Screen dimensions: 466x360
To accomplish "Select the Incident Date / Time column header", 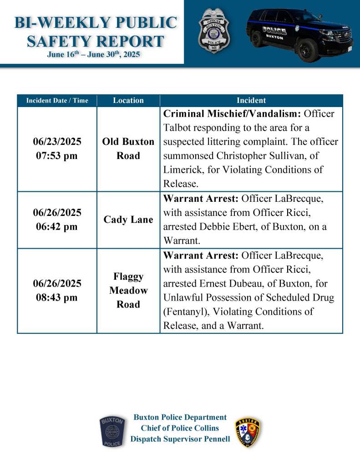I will pyautogui.click(x=57, y=100).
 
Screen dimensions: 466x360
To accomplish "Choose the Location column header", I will pyautogui.click(x=128, y=100).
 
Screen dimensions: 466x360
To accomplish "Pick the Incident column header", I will pyautogui.click(x=251, y=100).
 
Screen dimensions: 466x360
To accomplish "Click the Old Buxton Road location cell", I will pyautogui.click(x=128, y=149).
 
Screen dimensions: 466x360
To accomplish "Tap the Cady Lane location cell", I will pyautogui.click(x=128, y=220).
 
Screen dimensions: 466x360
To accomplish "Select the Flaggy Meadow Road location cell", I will pyautogui.click(x=128, y=290).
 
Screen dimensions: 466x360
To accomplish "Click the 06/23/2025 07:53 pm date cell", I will pyautogui.click(x=57, y=149).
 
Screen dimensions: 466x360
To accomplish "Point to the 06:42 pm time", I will pyautogui.click(x=57, y=226).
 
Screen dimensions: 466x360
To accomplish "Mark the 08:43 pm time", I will pyautogui.click(x=57, y=297).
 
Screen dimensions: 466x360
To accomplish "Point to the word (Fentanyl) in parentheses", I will pyautogui.click(x=183, y=312).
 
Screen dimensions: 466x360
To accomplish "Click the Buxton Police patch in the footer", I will pyautogui.click(x=112, y=431).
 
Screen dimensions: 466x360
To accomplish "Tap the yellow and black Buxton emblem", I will pyautogui.click(x=248, y=432).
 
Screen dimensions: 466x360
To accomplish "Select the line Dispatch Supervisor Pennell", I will pyautogui.click(x=180, y=439).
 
